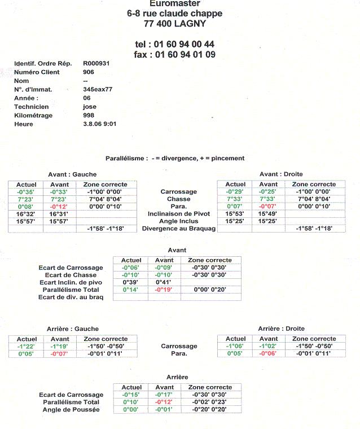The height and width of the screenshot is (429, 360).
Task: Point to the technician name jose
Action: click(x=90, y=107)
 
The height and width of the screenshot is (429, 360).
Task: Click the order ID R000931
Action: click(x=96, y=63)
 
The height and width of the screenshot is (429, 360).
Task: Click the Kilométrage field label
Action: click(x=33, y=115)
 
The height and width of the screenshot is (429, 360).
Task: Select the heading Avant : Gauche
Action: click(x=73, y=174)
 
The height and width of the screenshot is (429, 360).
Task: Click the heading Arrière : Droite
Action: click(x=281, y=329)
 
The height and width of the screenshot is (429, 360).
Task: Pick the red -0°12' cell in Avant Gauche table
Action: click(x=59, y=207)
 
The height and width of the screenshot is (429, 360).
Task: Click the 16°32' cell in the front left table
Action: click(x=26, y=214)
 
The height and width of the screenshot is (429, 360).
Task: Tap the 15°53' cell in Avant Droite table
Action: click(x=235, y=214)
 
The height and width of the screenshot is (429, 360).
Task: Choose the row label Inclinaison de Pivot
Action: click(x=179, y=214)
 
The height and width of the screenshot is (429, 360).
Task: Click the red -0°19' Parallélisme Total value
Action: click(x=164, y=289)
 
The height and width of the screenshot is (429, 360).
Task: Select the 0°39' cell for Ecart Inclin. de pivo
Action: click(x=131, y=282)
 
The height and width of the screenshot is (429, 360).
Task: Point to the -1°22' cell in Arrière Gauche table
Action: click(x=26, y=346)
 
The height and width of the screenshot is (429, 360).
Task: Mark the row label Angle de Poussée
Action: click(x=71, y=409)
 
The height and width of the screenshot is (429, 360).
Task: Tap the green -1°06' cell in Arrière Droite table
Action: click(x=235, y=346)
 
